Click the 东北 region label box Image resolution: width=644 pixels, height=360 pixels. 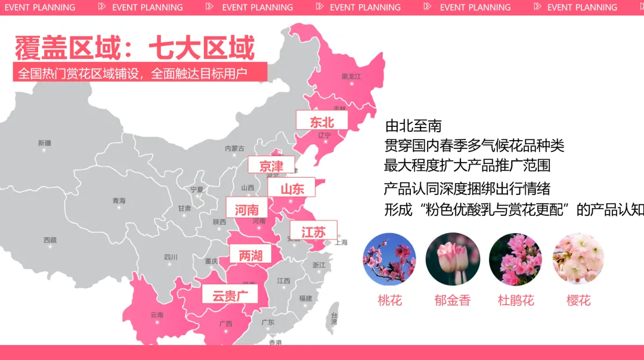pyautogui.click(x=322, y=121)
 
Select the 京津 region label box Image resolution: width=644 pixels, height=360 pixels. pyautogui.click(x=272, y=166)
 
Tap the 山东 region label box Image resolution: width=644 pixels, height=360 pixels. pyautogui.click(x=292, y=188)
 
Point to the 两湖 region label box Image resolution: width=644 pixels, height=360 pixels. pyautogui.click(x=250, y=255)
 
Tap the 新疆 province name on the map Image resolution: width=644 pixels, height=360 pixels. pyautogui.click(x=45, y=143)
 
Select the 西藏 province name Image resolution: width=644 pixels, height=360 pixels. pyautogui.click(x=49, y=240)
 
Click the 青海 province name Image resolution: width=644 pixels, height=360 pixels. pyautogui.click(x=119, y=201)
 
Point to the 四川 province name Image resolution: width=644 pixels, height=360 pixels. pyautogui.click(x=171, y=257)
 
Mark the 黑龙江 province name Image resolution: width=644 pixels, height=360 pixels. pyautogui.click(x=351, y=77)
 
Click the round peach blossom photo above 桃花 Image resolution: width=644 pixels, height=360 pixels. pyautogui.click(x=389, y=259)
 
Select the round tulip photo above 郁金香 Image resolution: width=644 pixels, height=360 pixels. pyautogui.click(x=453, y=259)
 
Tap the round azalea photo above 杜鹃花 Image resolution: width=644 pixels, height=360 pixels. pyautogui.click(x=515, y=259)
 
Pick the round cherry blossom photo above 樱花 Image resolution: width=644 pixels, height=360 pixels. pyautogui.click(x=578, y=259)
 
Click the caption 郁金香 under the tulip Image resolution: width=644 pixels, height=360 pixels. pyautogui.click(x=453, y=300)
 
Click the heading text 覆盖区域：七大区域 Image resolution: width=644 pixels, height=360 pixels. pyautogui.click(x=135, y=48)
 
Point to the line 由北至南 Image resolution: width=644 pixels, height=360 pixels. pyautogui.click(x=413, y=126)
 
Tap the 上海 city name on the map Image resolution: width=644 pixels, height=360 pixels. pyautogui.click(x=340, y=243)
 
